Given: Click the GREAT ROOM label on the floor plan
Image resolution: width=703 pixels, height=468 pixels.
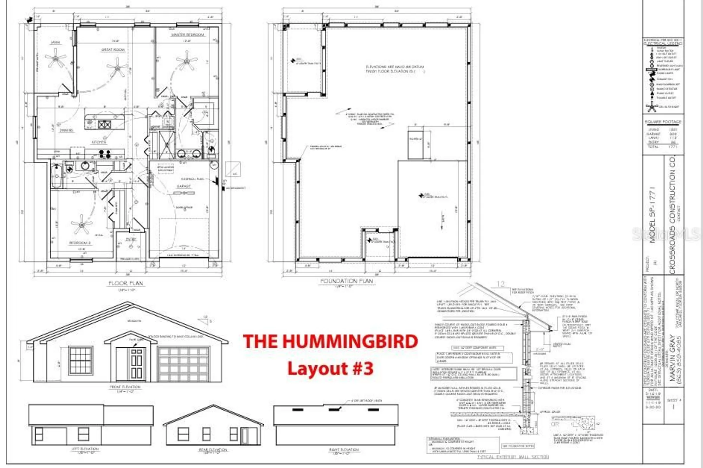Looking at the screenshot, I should click(x=113, y=50).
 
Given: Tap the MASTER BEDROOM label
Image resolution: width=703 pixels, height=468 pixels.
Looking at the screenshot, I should click(x=187, y=35).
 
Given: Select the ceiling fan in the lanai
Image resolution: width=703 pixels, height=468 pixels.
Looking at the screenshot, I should click(x=55, y=58).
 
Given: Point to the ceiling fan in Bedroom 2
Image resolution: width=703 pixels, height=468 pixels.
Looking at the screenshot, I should click(x=82, y=224).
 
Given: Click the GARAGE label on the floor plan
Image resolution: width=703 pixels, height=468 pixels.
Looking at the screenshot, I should click(x=183, y=186).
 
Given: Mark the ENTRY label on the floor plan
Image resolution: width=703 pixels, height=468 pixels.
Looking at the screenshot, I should click(x=131, y=240).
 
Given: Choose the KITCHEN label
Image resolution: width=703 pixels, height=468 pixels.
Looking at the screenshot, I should click(x=99, y=142).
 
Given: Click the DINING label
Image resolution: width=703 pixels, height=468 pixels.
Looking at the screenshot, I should click(x=66, y=130).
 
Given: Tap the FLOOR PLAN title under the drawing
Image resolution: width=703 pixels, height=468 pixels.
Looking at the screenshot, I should click(x=125, y=283).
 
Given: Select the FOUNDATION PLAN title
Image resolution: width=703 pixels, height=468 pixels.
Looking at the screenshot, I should click(x=347, y=281).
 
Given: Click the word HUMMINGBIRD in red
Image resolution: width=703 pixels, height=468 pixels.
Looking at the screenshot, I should click(x=350, y=341).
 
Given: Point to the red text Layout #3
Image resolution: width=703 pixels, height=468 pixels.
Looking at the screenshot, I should click(x=330, y=368).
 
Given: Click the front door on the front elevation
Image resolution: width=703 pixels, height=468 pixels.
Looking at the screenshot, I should click(x=136, y=365).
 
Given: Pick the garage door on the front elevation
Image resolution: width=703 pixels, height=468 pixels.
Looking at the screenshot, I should click(x=183, y=364).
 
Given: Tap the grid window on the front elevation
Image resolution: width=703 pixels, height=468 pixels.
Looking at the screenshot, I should click(x=81, y=360).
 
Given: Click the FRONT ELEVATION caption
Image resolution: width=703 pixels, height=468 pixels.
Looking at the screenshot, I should click(x=125, y=387).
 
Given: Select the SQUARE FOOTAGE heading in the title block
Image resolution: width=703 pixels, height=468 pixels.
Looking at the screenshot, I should click(x=663, y=122).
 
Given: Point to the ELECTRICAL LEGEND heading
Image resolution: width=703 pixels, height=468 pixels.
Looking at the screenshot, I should click(x=663, y=44).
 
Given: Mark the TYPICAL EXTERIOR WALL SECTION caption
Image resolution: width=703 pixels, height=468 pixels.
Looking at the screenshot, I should click(x=513, y=457).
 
